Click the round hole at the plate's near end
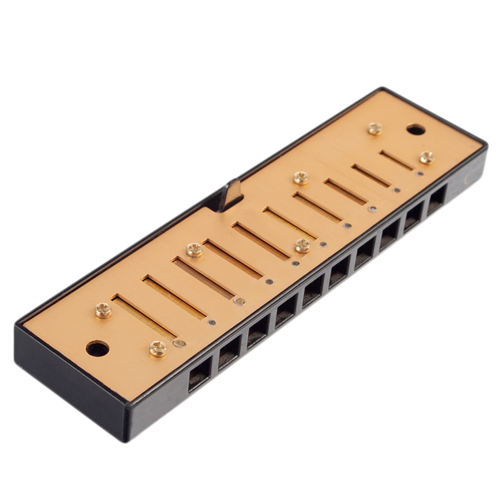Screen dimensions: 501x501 (97, 348)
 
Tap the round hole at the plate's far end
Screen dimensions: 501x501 (415, 130)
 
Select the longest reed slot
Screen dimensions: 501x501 (143, 317)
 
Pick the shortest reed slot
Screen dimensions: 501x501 (397, 160)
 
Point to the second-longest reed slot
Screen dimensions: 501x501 (174, 297)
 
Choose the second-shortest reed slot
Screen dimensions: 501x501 (371, 175)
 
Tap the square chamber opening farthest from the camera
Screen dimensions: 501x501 (436, 199)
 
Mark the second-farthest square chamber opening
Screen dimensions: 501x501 (413, 215)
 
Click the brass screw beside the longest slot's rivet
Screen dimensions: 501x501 (158, 348)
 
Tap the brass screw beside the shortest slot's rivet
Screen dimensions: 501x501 (427, 157)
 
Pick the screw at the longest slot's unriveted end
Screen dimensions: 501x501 (103, 310)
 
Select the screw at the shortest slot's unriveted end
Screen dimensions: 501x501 (375, 129)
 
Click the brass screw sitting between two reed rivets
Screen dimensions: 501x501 (302, 246)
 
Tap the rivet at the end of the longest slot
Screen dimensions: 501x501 (180, 343)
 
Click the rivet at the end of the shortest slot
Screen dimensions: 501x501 (420, 173)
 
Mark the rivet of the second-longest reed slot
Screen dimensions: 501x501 (211, 322)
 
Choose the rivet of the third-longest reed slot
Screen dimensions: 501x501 (239, 301)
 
